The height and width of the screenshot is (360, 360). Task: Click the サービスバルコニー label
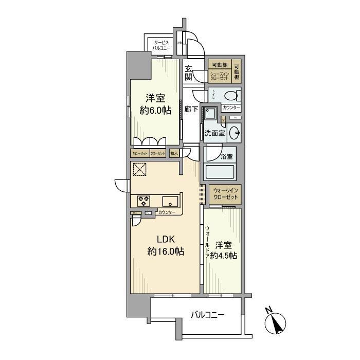tap(160, 45)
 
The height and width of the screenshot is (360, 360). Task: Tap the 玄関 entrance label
tap(189, 73)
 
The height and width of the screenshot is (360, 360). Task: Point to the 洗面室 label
tap(214, 133)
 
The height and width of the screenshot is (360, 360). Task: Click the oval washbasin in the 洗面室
tap(236, 132)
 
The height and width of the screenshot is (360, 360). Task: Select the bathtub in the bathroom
tap(220, 171)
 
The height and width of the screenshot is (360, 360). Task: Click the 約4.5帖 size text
tap(226, 256)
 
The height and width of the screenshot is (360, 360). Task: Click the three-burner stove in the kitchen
tap(143, 200)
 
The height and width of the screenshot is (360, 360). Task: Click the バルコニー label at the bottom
tap(207, 314)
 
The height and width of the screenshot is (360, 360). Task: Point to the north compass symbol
tap(275, 323)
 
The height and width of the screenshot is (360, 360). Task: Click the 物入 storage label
tap(174, 153)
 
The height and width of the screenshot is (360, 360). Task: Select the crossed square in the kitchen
tap(139, 169)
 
